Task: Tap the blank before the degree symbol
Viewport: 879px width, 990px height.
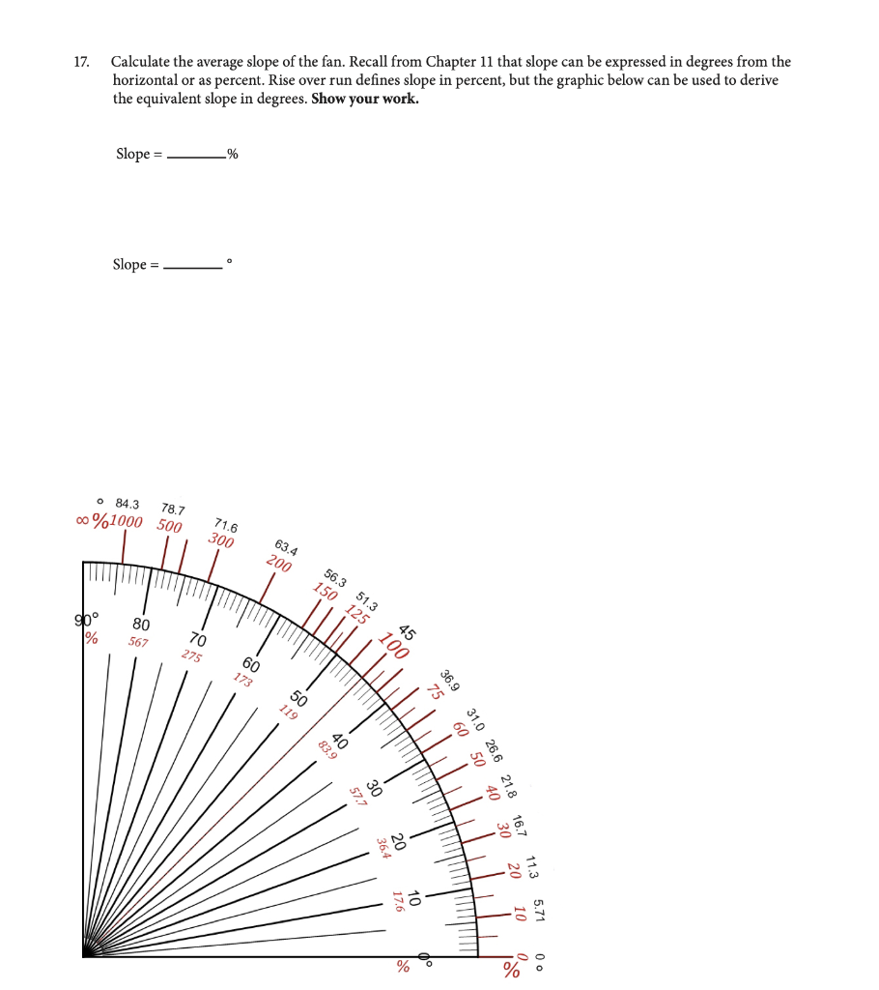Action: (193, 265)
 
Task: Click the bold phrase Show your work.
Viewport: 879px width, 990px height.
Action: (365, 99)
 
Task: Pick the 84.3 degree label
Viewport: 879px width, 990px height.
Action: (127, 504)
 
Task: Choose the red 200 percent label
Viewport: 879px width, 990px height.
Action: (279, 564)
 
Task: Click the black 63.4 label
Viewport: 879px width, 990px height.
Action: (286, 546)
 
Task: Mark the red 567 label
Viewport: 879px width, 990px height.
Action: (138, 642)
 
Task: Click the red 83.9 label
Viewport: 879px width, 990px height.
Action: (326, 748)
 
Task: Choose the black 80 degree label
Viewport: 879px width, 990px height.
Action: (141, 624)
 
